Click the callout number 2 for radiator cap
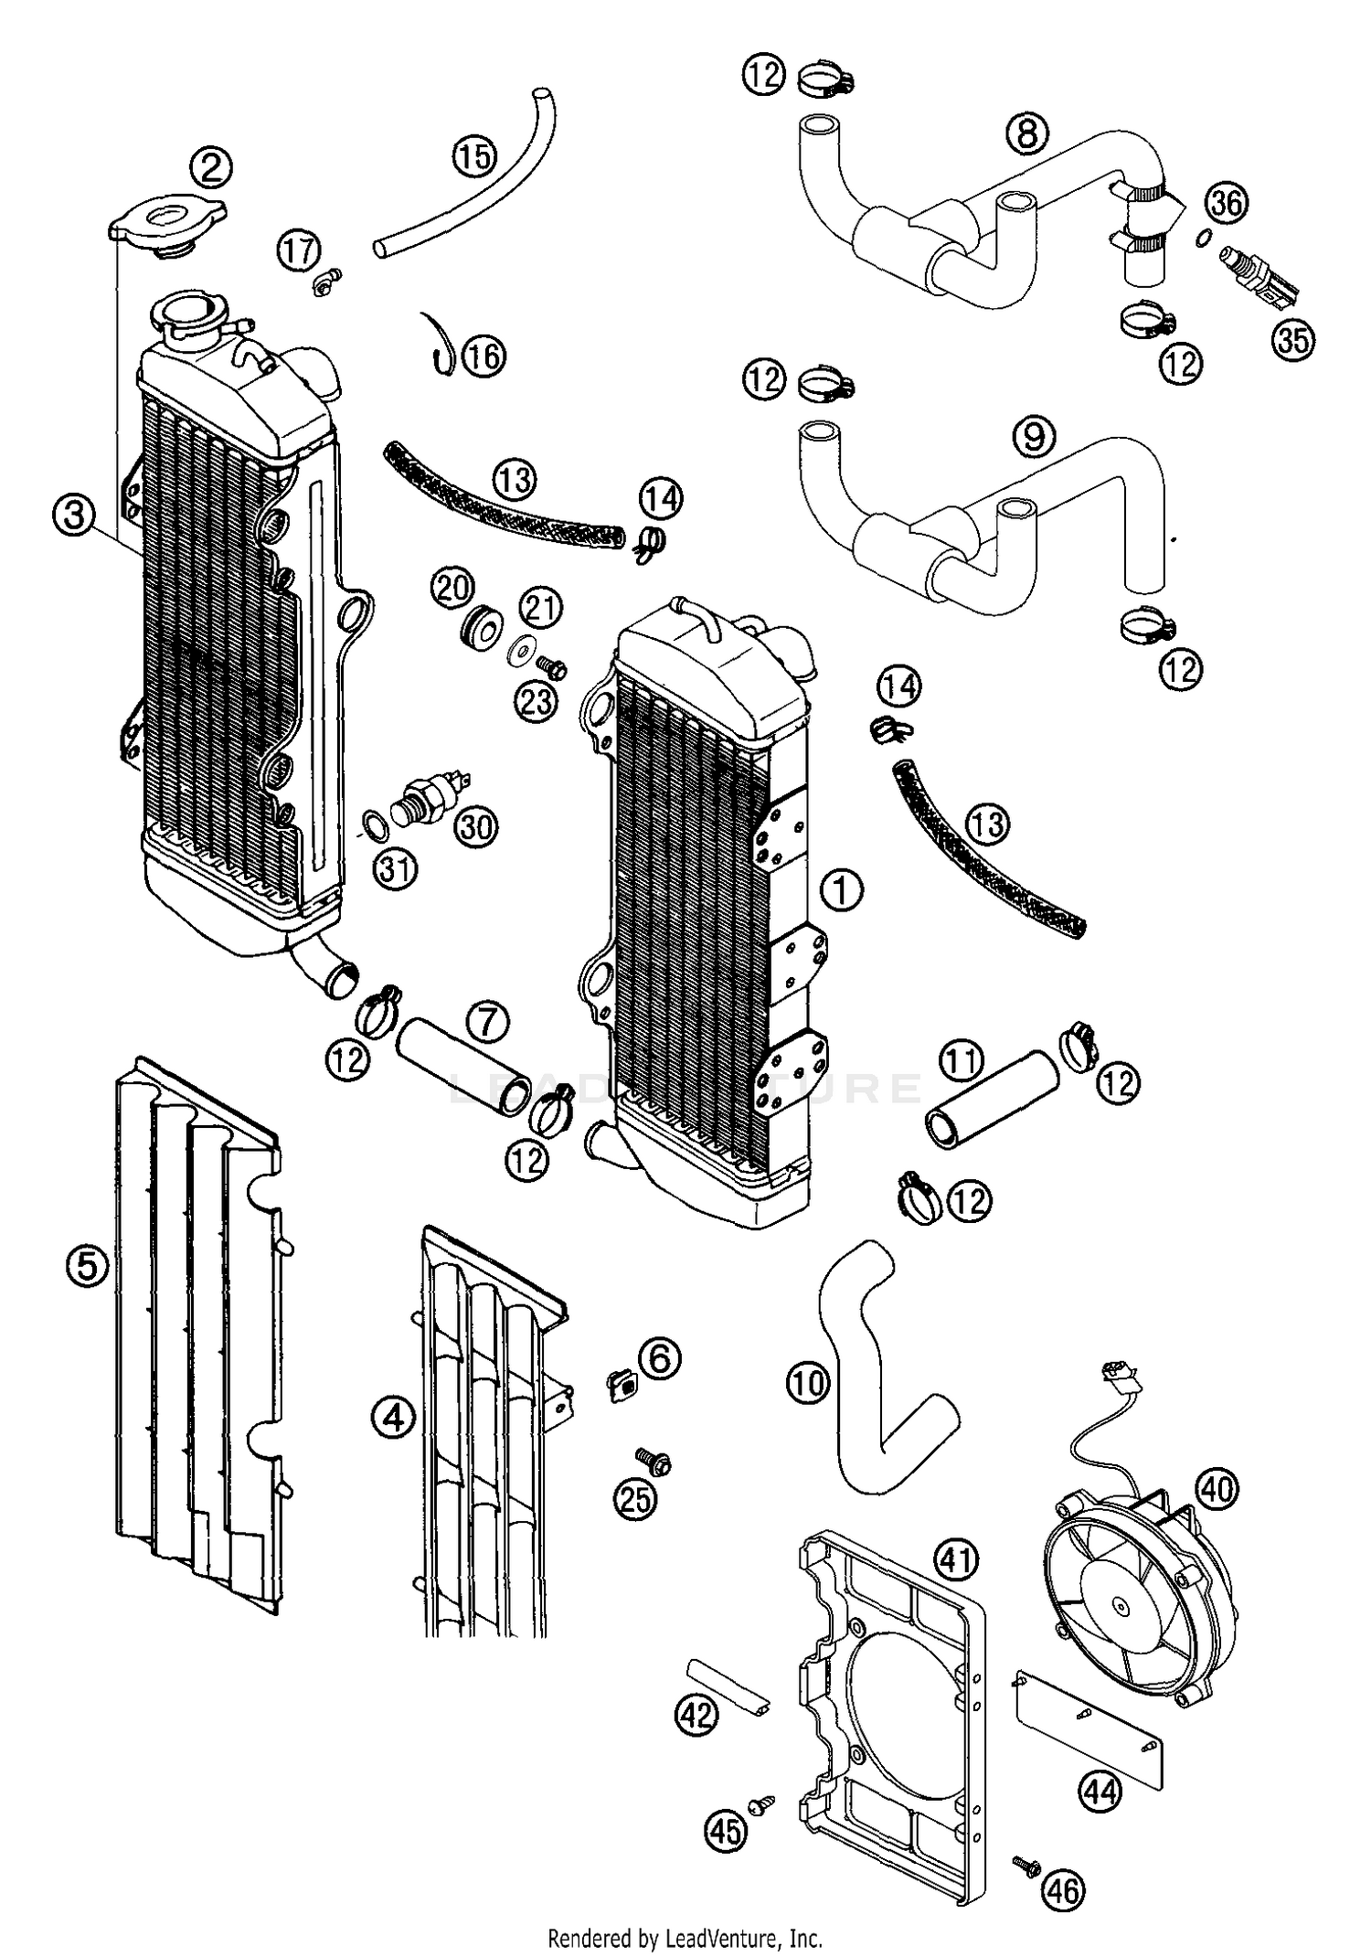click(x=211, y=167)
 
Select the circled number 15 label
click(x=473, y=156)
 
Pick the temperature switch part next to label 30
click(x=430, y=787)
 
